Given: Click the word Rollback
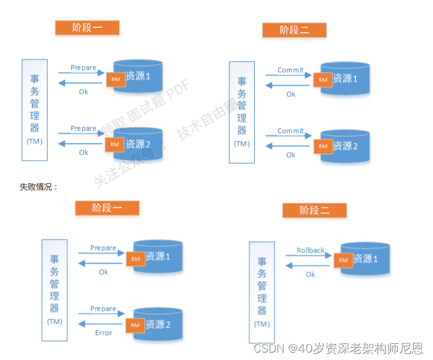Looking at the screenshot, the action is (310, 250).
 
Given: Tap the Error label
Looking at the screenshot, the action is (104, 333).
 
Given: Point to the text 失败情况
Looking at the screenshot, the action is (38, 186).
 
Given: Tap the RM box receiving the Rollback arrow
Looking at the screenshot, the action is (343, 260).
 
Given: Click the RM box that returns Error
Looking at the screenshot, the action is (135, 325).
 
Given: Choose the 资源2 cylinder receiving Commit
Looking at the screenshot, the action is (346, 146).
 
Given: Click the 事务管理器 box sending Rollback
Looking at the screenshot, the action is (262, 291).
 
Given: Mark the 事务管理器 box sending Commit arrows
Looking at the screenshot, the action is (242, 112).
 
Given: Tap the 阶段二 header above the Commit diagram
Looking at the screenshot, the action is (294, 30).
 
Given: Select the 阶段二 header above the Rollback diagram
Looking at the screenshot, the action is (315, 211).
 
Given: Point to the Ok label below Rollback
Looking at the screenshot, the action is (310, 274).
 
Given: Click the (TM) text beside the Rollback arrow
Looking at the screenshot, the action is (262, 324).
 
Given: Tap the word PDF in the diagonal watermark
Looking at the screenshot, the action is (178, 91).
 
